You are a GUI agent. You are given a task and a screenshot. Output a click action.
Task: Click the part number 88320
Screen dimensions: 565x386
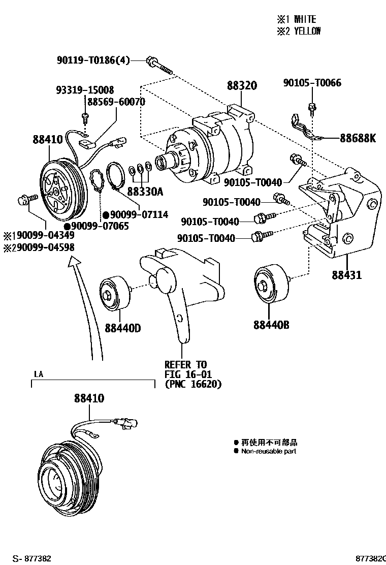[242, 86]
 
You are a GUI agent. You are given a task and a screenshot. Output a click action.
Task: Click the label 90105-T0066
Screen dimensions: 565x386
[312, 83]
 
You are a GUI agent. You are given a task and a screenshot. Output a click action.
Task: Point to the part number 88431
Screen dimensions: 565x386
[347, 275]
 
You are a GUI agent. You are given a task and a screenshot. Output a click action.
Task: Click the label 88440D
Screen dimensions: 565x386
[123, 328]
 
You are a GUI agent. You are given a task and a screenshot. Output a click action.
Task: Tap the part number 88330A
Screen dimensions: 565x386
[145, 192]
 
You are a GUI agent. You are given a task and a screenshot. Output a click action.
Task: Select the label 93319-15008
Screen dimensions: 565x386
[85, 90]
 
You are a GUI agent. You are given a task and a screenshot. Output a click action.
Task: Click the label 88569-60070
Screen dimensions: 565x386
[116, 102]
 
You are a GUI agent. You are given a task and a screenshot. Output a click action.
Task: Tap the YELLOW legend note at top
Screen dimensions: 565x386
[299, 31]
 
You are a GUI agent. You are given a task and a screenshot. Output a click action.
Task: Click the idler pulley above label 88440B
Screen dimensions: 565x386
[271, 285]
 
